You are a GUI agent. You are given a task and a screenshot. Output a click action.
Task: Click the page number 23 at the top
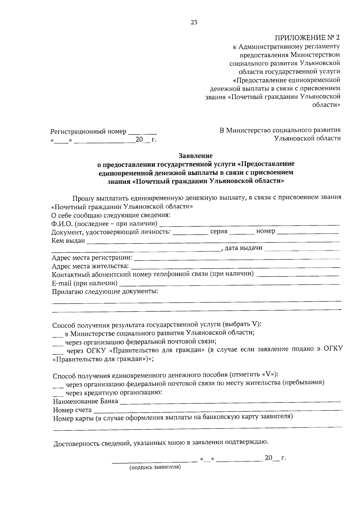coord(194,22)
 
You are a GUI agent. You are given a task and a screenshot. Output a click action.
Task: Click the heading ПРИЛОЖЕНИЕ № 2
coord(308,38)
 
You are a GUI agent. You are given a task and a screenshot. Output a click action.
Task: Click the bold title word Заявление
coord(195,156)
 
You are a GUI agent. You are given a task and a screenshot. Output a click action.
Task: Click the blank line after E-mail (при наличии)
coord(229,284)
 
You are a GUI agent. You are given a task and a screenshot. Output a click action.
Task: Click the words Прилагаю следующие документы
coord(105,291)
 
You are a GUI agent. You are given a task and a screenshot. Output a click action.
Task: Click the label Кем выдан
coord(68,241)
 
